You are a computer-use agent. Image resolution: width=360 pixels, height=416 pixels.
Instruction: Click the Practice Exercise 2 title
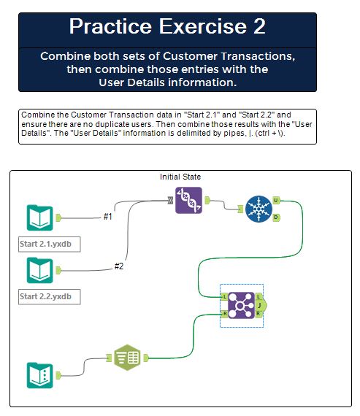[x=167, y=27]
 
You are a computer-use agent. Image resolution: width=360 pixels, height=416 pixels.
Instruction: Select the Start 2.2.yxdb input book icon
[x=39, y=270]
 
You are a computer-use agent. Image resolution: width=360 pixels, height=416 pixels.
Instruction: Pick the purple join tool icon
[x=241, y=304]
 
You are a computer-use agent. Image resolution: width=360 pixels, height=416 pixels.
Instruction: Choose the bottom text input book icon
[x=39, y=375]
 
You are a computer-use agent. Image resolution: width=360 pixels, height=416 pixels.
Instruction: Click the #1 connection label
[x=108, y=216]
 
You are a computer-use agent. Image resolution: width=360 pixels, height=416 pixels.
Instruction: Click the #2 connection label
[x=119, y=266]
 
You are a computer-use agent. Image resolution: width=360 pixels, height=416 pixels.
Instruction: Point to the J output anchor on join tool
[x=261, y=304]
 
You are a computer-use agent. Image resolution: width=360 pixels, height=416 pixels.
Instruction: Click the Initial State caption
[x=180, y=177]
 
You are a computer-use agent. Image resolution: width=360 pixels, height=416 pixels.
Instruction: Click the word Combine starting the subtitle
[x=64, y=56]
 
